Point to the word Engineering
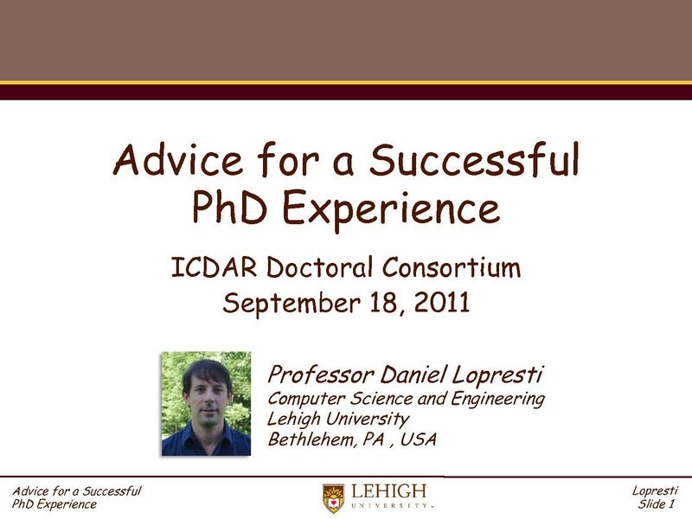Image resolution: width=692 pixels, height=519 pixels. point(497,399)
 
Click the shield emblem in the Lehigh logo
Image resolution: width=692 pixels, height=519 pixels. point(333,497)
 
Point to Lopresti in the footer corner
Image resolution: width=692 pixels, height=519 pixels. point(655,491)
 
